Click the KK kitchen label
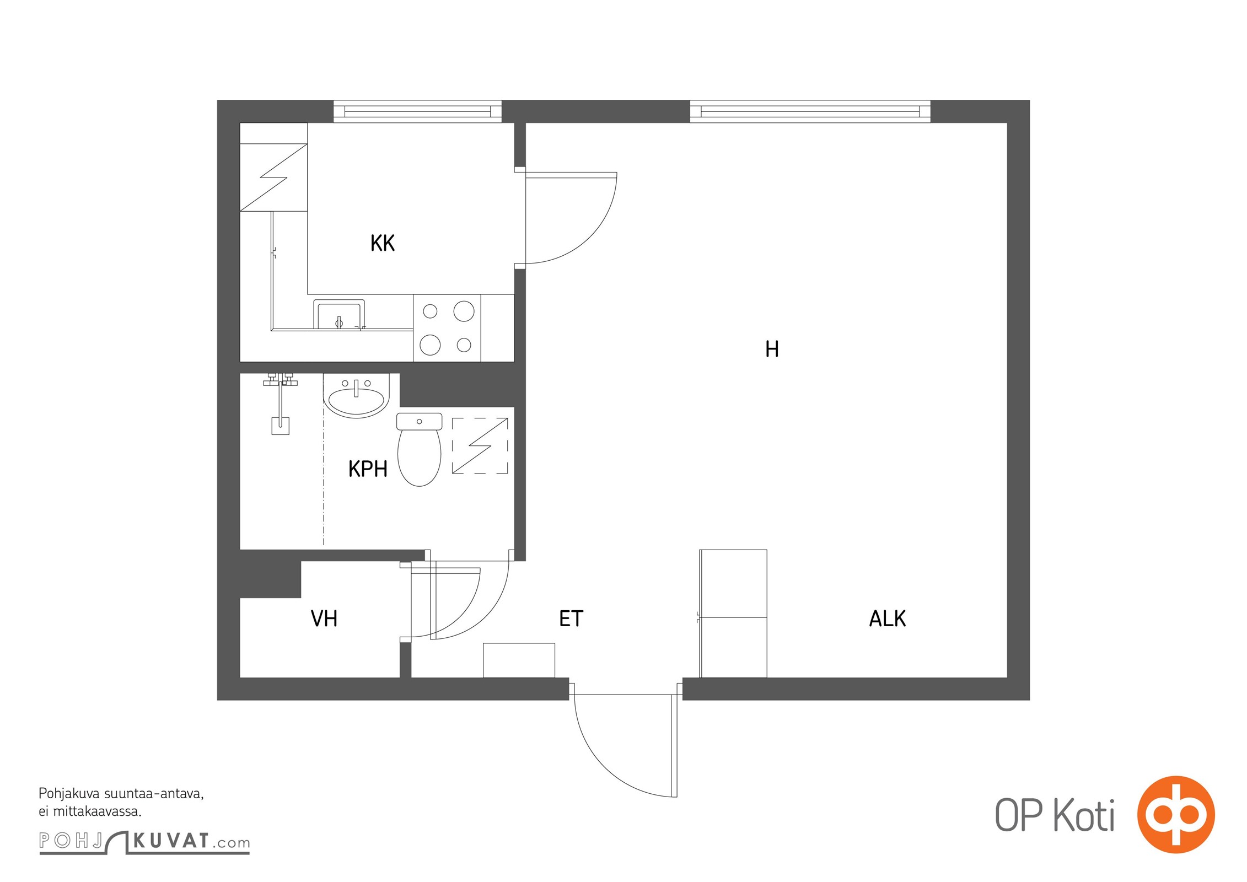coord(382,243)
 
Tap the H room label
coord(772,349)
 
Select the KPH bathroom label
coord(368,469)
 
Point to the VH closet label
coord(324,619)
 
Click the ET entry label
coord(571,619)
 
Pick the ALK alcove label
coord(887,619)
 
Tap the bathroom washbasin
coord(356,395)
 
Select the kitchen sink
coord(339,315)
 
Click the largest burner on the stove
coord(464,311)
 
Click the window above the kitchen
coord(417,111)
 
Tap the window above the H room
coord(810,111)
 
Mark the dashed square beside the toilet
coord(480,445)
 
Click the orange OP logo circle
coord(1176,814)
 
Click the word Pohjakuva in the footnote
coord(69,794)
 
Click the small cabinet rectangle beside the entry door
coord(519,660)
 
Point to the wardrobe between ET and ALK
coord(733,614)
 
